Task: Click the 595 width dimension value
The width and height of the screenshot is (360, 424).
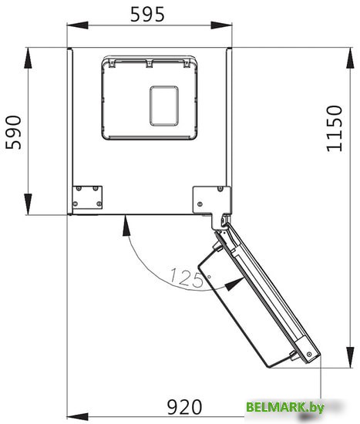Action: click(x=147, y=15)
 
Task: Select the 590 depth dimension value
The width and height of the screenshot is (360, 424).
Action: click(x=14, y=133)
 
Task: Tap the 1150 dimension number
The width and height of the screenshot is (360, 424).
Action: click(x=335, y=129)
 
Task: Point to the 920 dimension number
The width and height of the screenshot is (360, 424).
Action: click(x=184, y=407)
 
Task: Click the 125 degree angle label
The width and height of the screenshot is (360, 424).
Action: click(x=187, y=278)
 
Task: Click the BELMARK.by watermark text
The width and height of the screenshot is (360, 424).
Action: click(x=284, y=407)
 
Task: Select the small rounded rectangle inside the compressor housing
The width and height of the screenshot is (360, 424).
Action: click(x=164, y=106)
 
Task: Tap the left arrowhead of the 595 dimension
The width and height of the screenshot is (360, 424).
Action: click(x=78, y=25)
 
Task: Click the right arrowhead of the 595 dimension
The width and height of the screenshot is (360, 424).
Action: click(x=221, y=25)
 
